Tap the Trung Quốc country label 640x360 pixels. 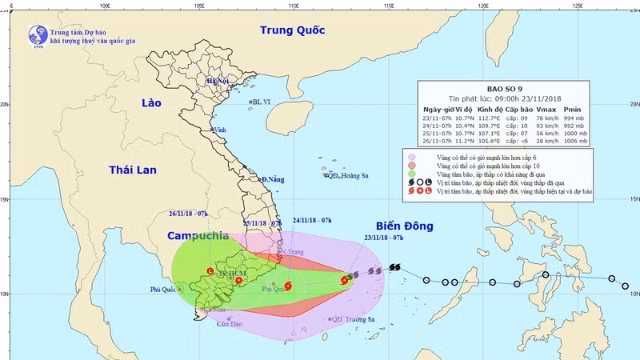point(293,30)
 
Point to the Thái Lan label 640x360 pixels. point(132,170)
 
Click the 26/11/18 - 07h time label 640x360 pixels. point(189,214)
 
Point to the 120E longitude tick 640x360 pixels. point(483,5)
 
